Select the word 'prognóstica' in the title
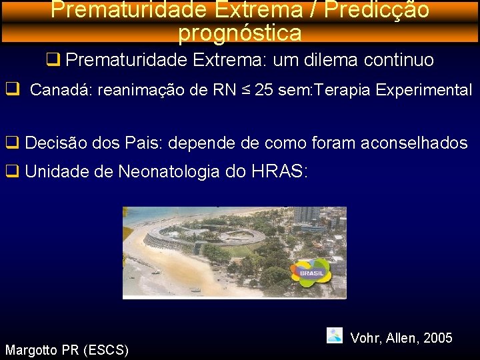point(240,32)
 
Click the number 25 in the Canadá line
point(263,90)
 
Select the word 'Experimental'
point(424,90)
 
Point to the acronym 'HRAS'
point(276,171)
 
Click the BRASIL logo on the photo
point(311,273)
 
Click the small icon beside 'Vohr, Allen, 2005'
point(335,335)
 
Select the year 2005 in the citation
point(437,338)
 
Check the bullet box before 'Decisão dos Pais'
point(12,142)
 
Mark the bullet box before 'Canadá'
point(11,89)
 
